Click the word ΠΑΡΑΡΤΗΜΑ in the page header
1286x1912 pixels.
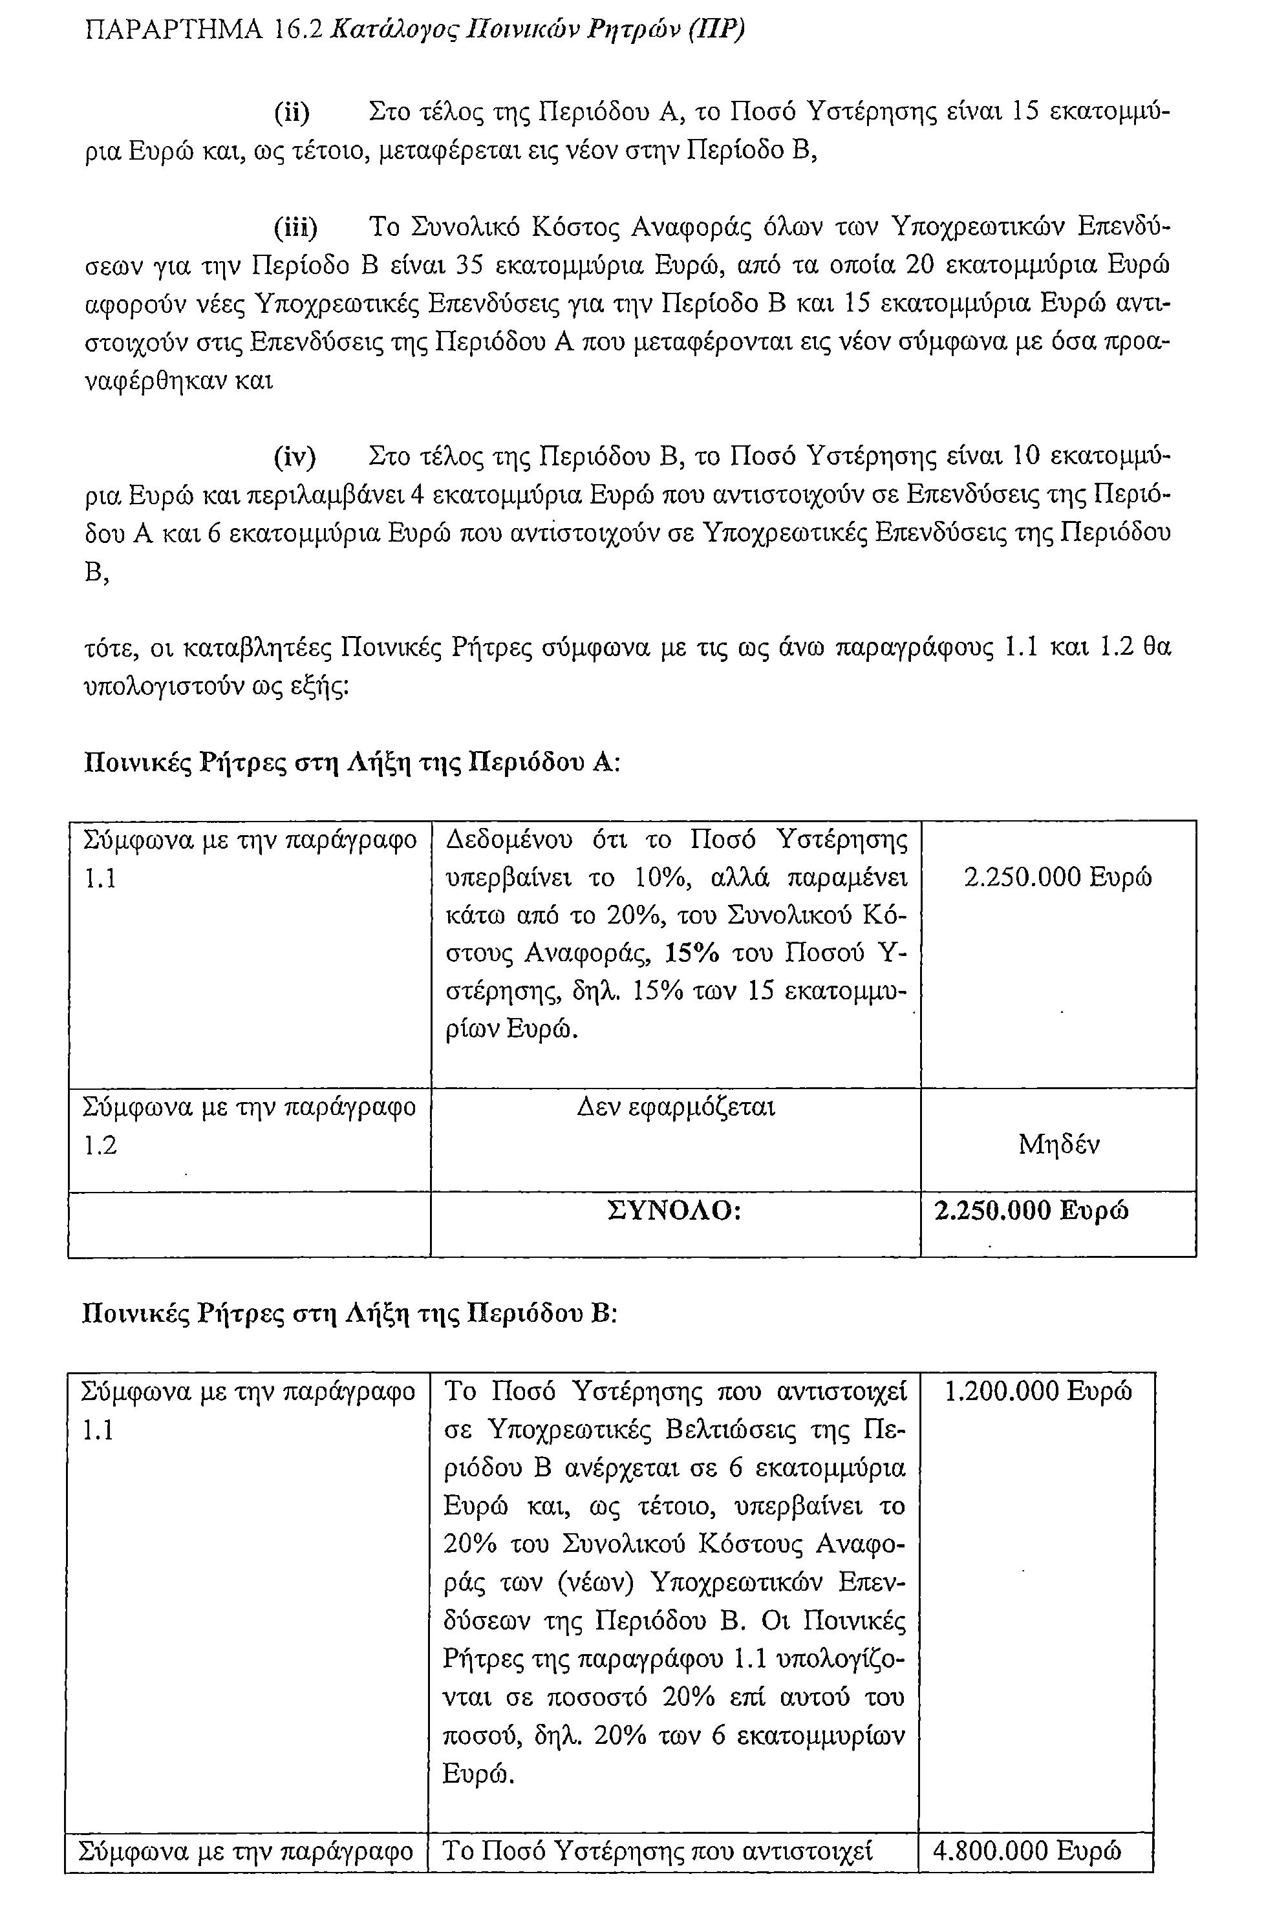pos(174,30)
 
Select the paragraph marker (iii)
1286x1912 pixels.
pos(295,227)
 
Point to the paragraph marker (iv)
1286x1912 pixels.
pos(294,457)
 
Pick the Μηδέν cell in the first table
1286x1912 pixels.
pos(1059,1145)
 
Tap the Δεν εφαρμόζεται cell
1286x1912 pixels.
pos(676,1108)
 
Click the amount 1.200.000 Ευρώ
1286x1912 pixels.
pos(1038,1392)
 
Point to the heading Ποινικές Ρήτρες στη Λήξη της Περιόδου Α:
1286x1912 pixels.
pos(352,763)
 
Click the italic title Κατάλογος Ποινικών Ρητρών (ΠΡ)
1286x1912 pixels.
pos(538,30)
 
